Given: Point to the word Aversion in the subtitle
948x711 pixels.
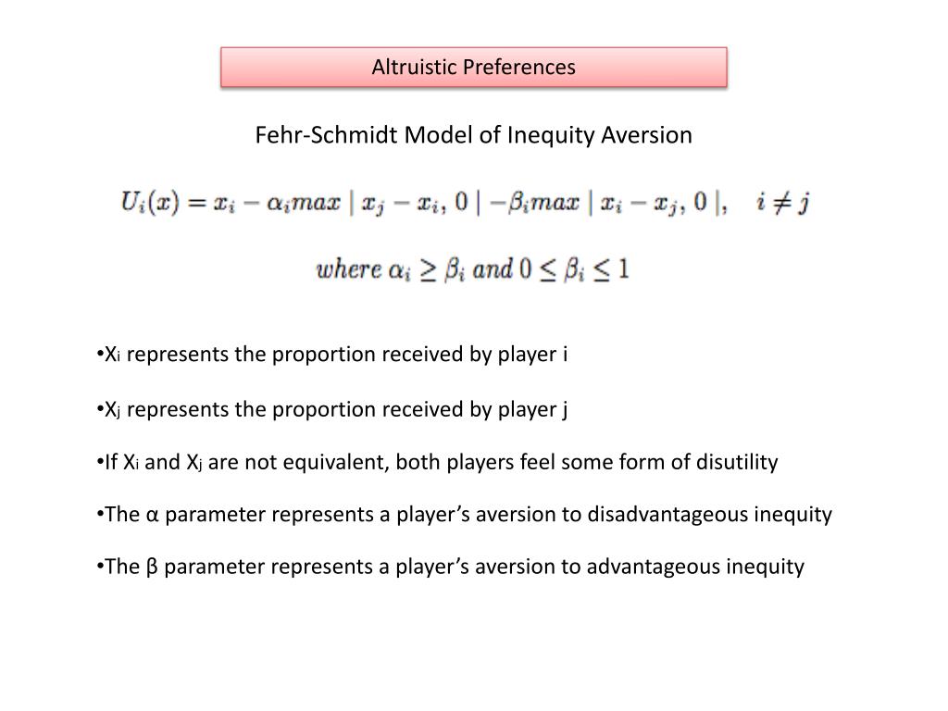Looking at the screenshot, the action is [647, 135].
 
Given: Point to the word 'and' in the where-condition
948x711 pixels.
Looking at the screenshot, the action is [493, 270].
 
